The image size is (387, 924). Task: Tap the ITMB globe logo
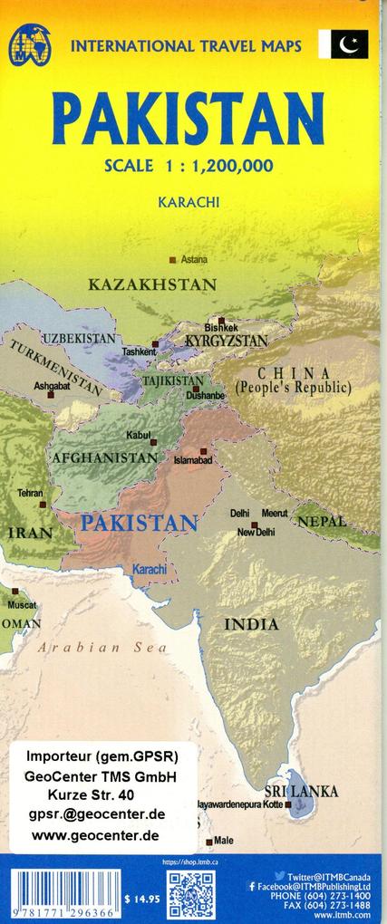[30, 44]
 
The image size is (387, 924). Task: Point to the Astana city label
[193, 260]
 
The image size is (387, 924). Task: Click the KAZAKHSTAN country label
[152, 285]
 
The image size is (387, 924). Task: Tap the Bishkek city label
[221, 327]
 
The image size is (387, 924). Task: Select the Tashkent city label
[140, 351]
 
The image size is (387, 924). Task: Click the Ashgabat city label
[52, 386]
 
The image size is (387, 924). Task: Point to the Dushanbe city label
[206, 396]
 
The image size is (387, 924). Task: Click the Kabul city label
[139, 436]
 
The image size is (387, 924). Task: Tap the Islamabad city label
[192, 461]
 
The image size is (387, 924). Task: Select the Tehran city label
[30, 494]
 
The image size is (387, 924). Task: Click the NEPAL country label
[322, 522]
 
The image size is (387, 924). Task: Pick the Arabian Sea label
[102, 647]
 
